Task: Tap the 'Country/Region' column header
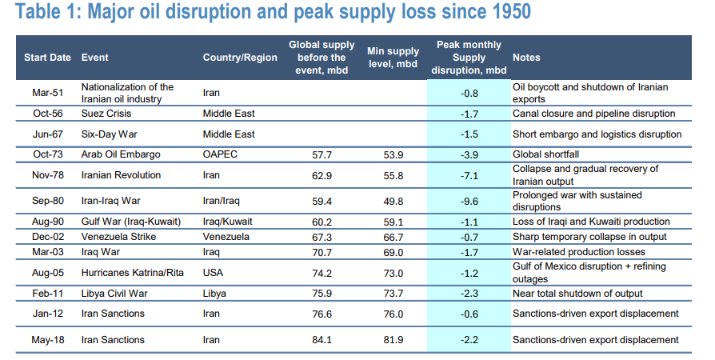(x=240, y=58)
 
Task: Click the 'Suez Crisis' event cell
(x=107, y=114)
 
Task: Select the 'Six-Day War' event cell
(x=110, y=134)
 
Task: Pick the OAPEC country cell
(x=220, y=154)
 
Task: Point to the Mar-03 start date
(x=48, y=253)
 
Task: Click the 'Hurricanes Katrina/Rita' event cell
(x=132, y=273)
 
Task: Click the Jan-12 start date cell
(x=48, y=314)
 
